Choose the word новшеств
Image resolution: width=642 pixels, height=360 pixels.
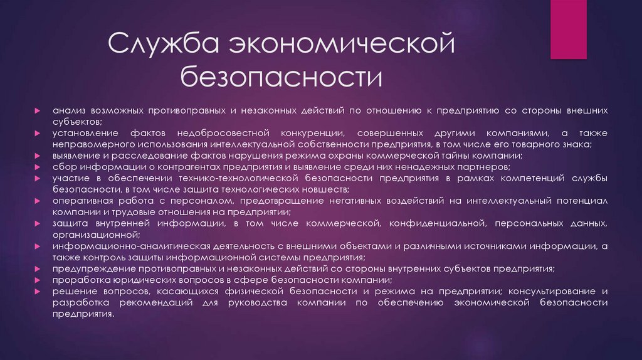coord(319,189)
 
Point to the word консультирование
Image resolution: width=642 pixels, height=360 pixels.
coord(549,292)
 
